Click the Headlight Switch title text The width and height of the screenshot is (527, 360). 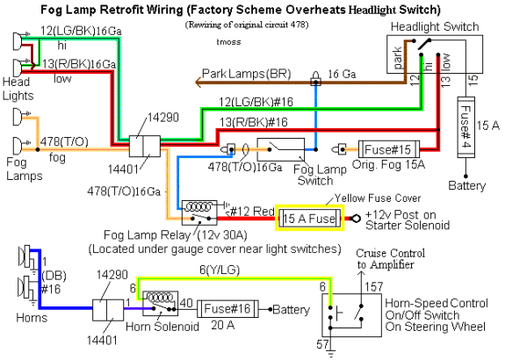click(432, 27)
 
